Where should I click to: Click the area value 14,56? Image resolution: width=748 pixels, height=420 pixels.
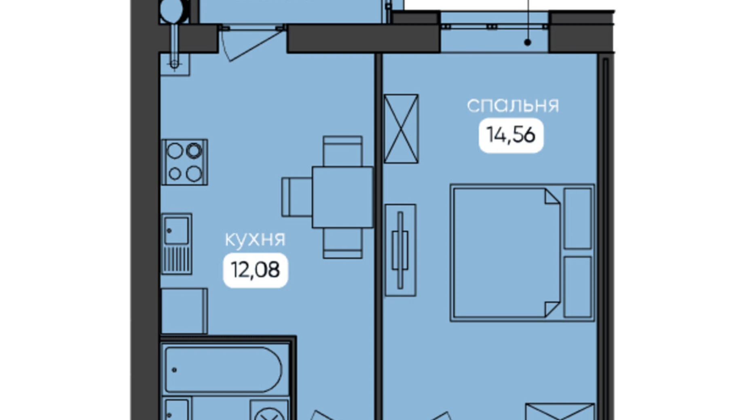(x=511, y=135)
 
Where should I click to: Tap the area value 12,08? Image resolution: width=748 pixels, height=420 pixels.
(x=255, y=270)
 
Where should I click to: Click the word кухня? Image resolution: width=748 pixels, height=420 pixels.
(x=255, y=239)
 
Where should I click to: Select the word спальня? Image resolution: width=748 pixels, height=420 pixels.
(x=513, y=105)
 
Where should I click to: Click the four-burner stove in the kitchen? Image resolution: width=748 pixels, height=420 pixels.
(x=184, y=162)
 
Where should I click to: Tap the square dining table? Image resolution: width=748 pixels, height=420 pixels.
(x=342, y=197)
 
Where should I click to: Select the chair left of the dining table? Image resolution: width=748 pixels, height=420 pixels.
(x=296, y=197)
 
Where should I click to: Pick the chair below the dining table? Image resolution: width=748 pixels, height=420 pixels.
(x=342, y=244)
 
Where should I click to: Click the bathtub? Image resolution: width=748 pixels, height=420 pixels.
(x=223, y=370)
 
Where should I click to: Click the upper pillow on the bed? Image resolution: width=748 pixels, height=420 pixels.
(x=578, y=218)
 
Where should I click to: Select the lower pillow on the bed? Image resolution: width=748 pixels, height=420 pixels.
(x=578, y=287)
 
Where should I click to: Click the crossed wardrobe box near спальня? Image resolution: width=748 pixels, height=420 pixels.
(x=401, y=129)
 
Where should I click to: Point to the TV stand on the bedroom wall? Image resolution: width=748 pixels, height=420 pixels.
(x=400, y=250)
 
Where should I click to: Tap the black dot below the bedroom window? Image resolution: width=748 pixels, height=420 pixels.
(x=528, y=42)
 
